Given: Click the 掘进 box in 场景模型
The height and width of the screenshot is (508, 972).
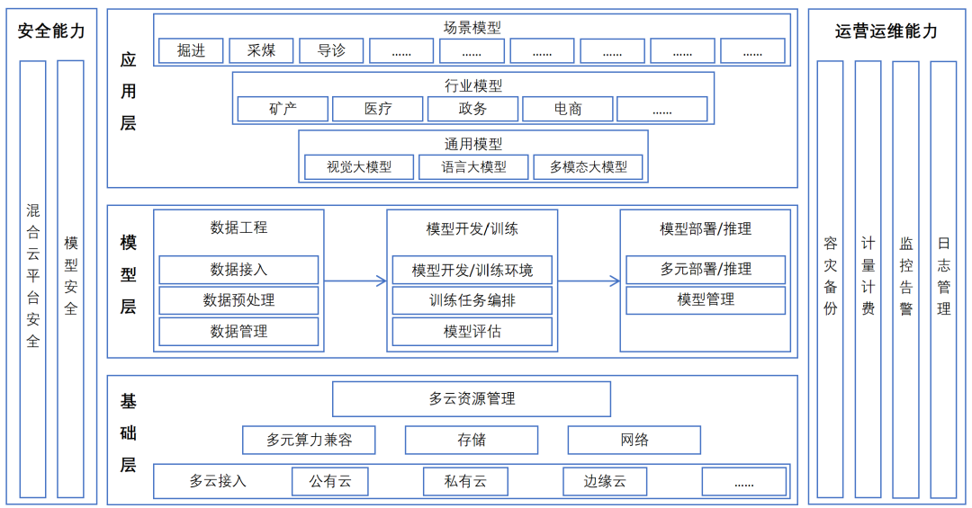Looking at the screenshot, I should point(191,51).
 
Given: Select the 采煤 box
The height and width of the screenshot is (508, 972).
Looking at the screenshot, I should point(261,51).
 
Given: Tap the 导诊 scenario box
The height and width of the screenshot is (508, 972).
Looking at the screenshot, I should point(331,51).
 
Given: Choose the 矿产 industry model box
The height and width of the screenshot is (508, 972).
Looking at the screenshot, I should point(282,109).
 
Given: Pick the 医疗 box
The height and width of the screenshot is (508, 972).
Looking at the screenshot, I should point(377,109).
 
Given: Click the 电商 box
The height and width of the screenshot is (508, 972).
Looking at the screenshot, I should point(567,109).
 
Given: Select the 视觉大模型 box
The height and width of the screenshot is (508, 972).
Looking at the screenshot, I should point(358,167).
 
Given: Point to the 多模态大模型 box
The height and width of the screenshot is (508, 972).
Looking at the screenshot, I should point(588,167).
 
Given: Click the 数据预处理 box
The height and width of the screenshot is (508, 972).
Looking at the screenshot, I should point(238,300).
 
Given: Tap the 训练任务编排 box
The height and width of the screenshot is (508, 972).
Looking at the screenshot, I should point(472,300).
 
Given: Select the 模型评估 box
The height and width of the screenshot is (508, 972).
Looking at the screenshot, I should point(472,332).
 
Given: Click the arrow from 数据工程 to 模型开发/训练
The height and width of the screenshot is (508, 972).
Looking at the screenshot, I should point(355,281).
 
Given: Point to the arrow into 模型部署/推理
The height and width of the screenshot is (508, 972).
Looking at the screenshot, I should point(589,281).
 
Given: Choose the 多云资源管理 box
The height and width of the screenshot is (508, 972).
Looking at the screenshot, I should point(472,399).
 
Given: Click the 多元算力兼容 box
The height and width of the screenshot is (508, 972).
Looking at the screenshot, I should point(309,441).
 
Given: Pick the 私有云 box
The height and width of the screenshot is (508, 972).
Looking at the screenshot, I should point(465,482).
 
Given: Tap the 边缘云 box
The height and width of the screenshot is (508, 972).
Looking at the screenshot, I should point(605,482).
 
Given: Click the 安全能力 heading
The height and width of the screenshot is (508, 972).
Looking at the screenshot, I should point(51,31).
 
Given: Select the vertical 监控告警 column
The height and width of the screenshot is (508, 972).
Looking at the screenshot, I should point(905,279).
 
